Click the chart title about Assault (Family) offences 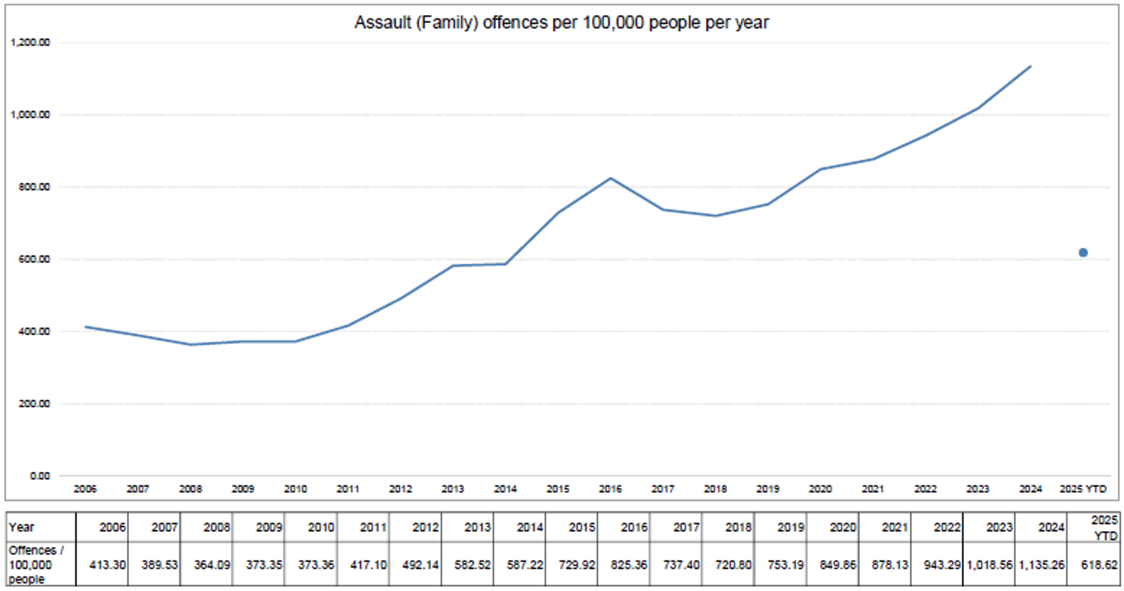[561, 22]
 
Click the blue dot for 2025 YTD [1083, 253]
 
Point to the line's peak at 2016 [610, 178]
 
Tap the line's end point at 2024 [1031, 66]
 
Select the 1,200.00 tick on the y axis [30, 43]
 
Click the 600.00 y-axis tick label [34, 259]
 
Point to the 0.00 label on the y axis [40, 476]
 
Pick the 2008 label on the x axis [190, 489]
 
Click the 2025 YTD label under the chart [1083, 489]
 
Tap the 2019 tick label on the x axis [768, 489]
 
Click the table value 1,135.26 [1042, 565]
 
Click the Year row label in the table [22, 527]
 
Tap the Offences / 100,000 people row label [36, 565]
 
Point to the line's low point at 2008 [190, 345]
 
